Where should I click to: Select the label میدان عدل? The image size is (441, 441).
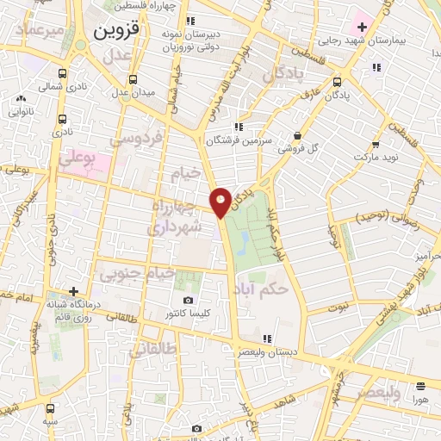pyautogui.click(x=135, y=92)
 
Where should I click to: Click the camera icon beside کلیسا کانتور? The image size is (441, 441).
pyautogui.click(x=188, y=301)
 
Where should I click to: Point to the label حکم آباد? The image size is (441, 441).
pyautogui.click(x=260, y=290)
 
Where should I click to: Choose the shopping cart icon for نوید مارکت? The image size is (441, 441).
pyautogui.click(x=375, y=145)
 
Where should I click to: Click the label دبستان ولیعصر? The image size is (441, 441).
pyautogui.click(x=278, y=351)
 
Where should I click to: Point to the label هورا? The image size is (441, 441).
pyautogui.click(x=419, y=401)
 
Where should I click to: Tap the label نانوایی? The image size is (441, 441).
pyautogui.click(x=22, y=111)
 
